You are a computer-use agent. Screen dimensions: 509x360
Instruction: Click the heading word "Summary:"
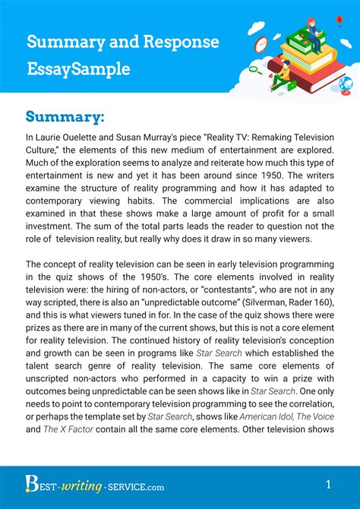click(x=65, y=116)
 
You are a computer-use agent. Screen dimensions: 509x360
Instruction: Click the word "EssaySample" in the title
click(x=78, y=68)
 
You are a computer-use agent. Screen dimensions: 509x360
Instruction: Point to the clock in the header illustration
click(x=261, y=43)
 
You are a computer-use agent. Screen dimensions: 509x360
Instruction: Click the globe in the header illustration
click(x=346, y=84)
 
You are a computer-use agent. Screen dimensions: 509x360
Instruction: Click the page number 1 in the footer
click(x=328, y=484)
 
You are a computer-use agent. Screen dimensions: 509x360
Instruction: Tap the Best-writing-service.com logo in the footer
click(x=84, y=484)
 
